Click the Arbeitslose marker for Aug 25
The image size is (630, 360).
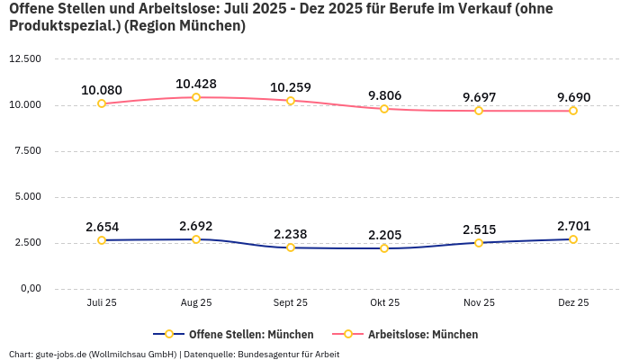pos(196,97)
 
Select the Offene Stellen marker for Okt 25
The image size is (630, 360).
pos(384,248)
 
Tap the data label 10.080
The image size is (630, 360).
pos(102,90)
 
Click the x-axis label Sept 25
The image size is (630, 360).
pos(290,303)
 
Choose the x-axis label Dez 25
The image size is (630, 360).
pos(573,303)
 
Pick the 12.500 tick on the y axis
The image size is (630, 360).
pos(25,59)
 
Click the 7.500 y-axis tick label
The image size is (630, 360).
pos(28,151)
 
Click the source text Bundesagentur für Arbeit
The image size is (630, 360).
pos(289,355)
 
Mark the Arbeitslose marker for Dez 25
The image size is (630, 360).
pos(573,111)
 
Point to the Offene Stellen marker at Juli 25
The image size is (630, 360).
pos(102,240)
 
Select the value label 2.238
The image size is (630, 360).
pos(290,234)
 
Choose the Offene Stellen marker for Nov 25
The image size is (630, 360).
pos(479,243)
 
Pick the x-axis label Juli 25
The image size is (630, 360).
pos(102,303)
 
